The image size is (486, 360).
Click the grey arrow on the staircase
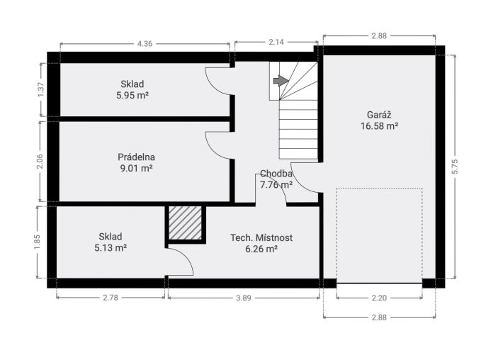(281, 81)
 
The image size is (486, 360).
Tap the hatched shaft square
(185, 223)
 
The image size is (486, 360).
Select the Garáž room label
(379, 115)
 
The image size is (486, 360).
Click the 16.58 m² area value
(380, 126)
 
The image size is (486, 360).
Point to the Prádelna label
(136, 157)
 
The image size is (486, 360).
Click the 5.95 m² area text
(132, 95)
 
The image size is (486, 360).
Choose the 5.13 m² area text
(111, 248)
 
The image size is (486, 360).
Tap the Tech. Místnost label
(261, 238)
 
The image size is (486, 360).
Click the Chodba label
(276, 174)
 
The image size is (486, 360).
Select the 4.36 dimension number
(145, 44)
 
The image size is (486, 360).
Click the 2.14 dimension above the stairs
(276, 42)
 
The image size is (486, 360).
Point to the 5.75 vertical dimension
(455, 167)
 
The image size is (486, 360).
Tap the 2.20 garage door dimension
(379, 298)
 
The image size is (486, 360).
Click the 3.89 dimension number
(243, 298)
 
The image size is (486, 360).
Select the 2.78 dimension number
(111, 298)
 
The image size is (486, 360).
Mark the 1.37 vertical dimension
(41, 89)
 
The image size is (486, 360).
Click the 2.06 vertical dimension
(40, 162)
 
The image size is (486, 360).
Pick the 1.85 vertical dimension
(37, 242)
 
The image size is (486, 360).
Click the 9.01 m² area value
(136, 169)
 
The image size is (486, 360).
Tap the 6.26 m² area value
(261, 249)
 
